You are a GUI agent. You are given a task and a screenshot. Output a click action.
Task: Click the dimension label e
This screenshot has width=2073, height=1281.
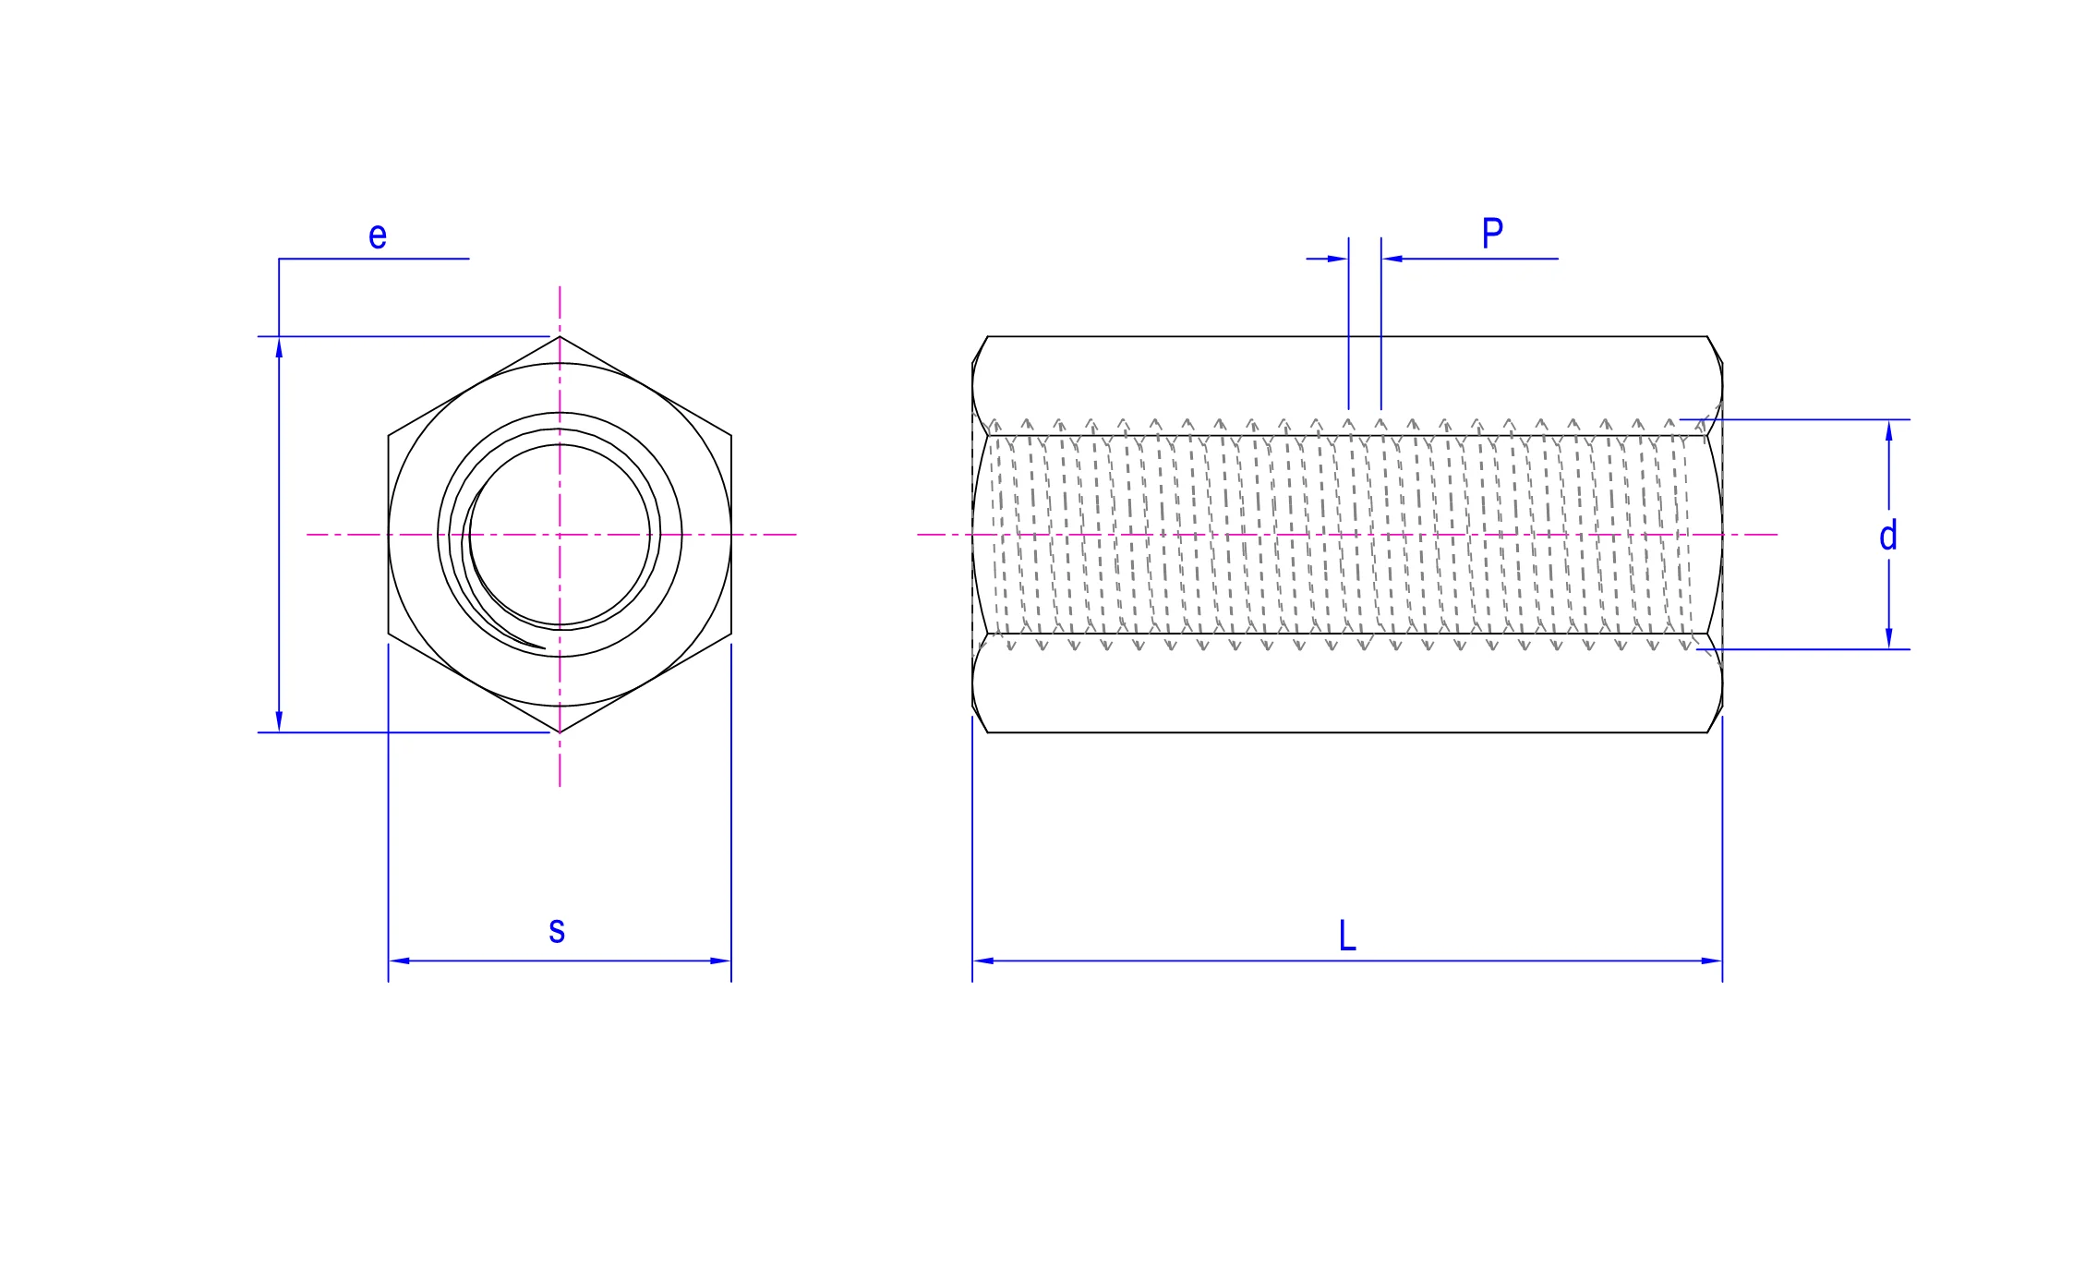[x=378, y=236]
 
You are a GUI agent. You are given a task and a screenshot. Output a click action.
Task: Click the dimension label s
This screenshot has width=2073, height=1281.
[x=557, y=930]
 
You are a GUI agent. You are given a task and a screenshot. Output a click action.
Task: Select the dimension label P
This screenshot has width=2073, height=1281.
[x=1492, y=233]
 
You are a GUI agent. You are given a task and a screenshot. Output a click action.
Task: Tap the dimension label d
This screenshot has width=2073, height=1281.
[x=1888, y=535]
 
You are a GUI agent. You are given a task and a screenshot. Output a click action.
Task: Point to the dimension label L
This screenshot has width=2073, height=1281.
[x=1347, y=936]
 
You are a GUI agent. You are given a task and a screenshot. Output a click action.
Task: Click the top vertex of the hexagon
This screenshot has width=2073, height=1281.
[x=560, y=336]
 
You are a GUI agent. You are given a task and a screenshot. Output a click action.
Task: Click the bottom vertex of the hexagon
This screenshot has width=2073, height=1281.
[x=560, y=732]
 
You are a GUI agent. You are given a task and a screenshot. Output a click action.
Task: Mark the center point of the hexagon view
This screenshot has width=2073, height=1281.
[x=560, y=535]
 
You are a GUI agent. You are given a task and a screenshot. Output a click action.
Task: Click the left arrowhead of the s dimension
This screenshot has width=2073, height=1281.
[x=399, y=961]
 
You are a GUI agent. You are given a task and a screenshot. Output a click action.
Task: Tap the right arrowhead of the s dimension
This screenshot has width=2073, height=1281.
[x=720, y=961]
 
